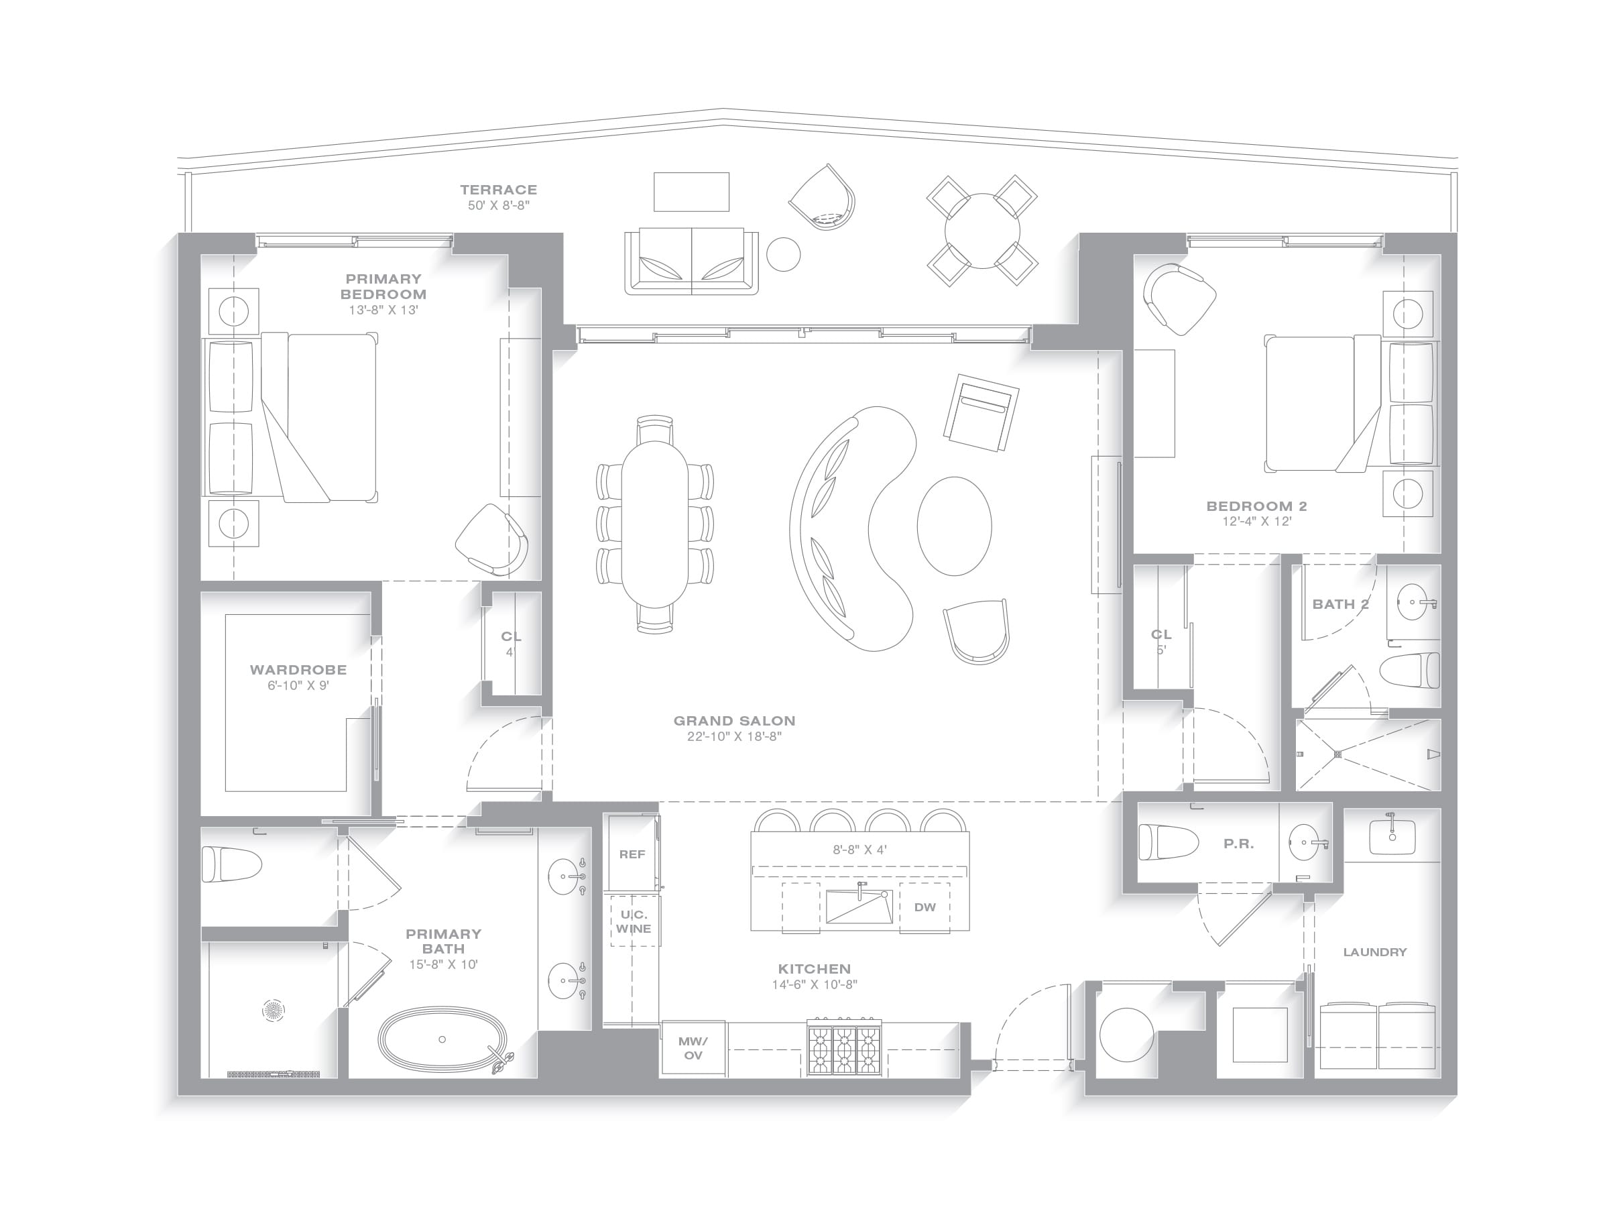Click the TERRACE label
498,189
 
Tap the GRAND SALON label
734,720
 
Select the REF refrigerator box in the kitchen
632,854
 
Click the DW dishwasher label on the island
925,907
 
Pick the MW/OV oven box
693,1048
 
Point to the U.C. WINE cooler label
634,921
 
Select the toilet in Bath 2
1411,670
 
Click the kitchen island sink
859,907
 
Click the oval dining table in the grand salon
654,524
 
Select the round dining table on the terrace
982,231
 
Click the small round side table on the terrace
784,255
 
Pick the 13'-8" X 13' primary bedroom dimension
383,309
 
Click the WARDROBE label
298,669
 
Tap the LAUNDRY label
1375,952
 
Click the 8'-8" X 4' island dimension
859,849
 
